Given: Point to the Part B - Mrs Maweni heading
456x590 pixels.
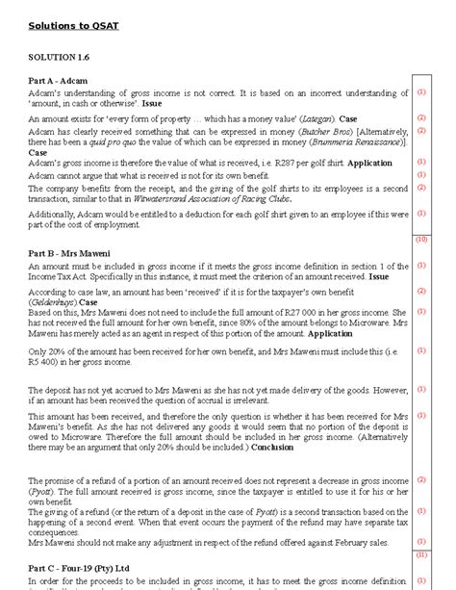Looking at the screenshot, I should (68, 252).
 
